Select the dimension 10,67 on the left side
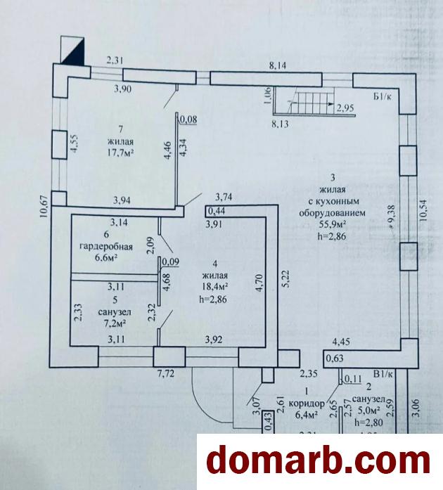coord(43,208)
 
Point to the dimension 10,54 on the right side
coord(422,209)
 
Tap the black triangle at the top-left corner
coord(73,51)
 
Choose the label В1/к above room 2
coord(383,374)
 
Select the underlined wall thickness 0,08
coord(188,120)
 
